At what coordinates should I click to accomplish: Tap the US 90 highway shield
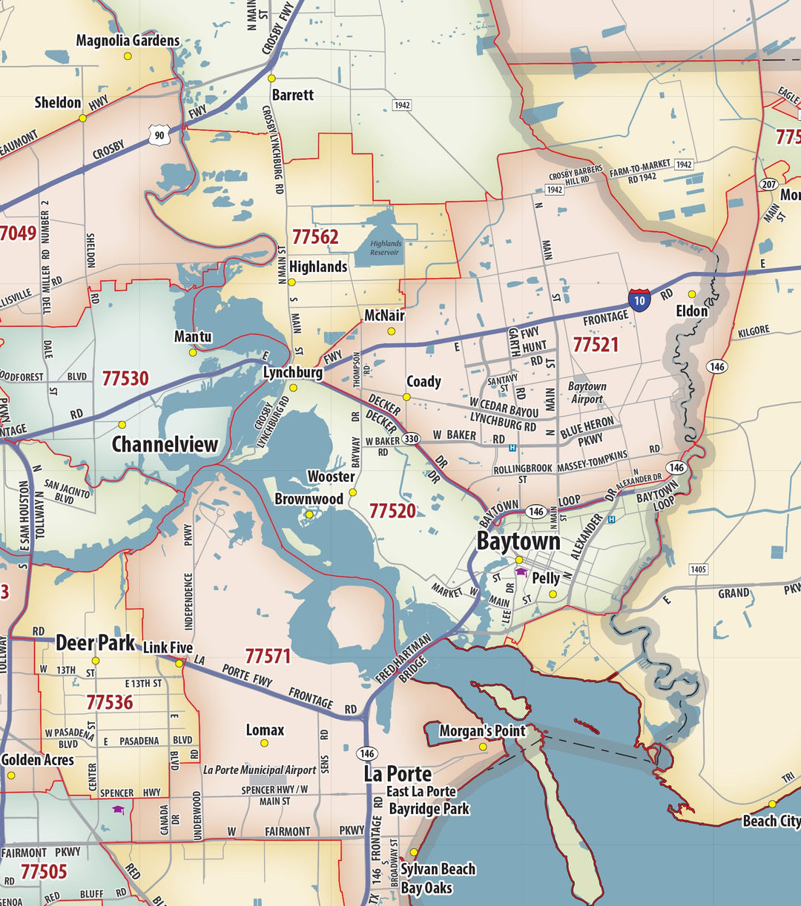tap(159, 136)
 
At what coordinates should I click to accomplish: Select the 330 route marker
tap(411, 438)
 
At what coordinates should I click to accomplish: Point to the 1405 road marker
tap(698, 569)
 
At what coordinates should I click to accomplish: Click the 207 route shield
tap(768, 184)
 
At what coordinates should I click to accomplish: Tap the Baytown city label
tap(518, 541)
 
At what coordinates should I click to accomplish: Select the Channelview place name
tap(165, 444)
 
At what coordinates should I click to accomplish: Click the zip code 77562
tap(315, 237)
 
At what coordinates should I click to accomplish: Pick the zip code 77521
tap(596, 344)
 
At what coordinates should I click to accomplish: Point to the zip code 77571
tap(268, 656)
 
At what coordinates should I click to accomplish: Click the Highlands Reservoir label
tap(386, 248)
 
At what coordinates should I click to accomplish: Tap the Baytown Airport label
tap(587, 393)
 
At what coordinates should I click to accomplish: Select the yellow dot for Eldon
tap(692, 294)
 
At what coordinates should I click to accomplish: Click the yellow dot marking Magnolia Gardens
tap(128, 56)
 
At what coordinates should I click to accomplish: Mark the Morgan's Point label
tap(482, 731)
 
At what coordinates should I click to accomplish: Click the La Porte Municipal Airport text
tap(260, 770)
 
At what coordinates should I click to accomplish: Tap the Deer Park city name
tap(95, 643)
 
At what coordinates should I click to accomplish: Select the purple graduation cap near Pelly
tap(521, 572)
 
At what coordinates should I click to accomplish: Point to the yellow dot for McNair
tap(392, 331)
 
